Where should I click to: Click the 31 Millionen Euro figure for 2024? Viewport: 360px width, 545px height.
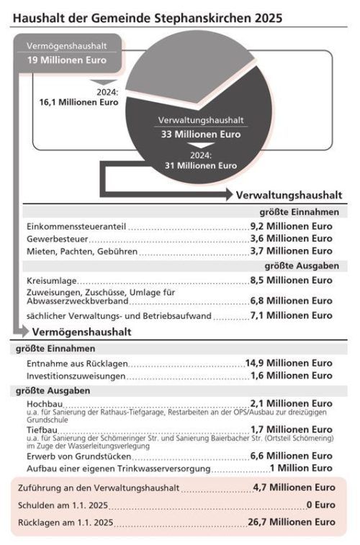coord(200,165)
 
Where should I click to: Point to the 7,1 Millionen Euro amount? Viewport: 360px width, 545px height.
coord(291,315)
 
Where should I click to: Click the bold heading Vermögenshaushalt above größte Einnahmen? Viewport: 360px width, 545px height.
coord(82,332)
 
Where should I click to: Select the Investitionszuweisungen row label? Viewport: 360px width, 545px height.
coord(76,376)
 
